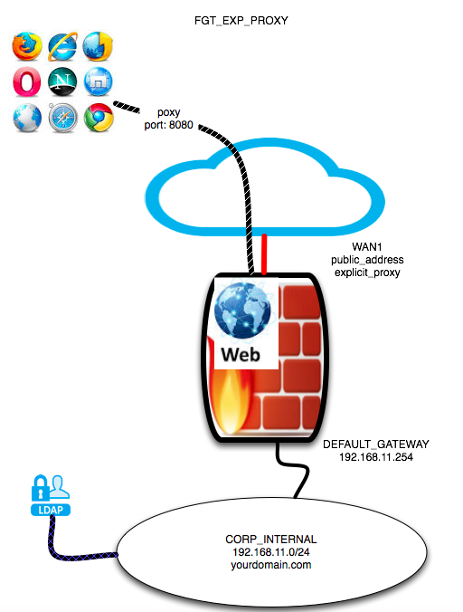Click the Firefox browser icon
pyautogui.click(x=27, y=46)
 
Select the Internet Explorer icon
pyautogui.click(x=62, y=46)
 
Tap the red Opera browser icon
pyautogui.click(x=26, y=82)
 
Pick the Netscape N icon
pyautogui.click(x=62, y=82)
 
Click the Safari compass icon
pyautogui.click(x=62, y=118)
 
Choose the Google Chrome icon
pyautogui.click(x=99, y=118)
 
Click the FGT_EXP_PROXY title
pyautogui.click(x=241, y=20)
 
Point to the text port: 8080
pyautogui.click(x=169, y=125)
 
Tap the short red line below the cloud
pyautogui.click(x=264, y=254)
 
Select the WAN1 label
pyautogui.click(x=367, y=246)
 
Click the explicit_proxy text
pyautogui.click(x=367, y=273)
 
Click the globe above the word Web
pyautogui.click(x=242, y=311)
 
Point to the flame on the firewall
pyautogui.click(x=230, y=402)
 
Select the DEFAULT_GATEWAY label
pyautogui.click(x=376, y=445)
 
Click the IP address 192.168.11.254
pyautogui.click(x=376, y=457)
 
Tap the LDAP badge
pyautogui.click(x=51, y=510)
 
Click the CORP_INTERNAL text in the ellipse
pyautogui.click(x=271, y=540)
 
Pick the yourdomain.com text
pyautogui.click(x=271, y=565)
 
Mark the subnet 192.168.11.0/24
pyautogui.click(x=271, y=552)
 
